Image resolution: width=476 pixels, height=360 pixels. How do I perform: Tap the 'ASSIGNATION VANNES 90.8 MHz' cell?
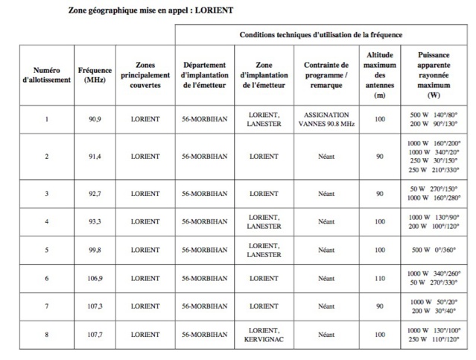coord(326,119)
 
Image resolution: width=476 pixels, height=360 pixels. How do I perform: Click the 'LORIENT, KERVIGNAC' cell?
coord(264,335)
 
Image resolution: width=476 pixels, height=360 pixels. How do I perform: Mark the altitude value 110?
coord(381,278)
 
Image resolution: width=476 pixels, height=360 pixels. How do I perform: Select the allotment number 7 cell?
coord(47,306)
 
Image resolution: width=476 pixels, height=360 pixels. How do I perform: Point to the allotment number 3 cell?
coord(47,194)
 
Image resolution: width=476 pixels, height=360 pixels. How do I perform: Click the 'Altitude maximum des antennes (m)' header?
coord(381,75)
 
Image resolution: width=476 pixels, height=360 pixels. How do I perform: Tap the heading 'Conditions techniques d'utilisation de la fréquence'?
coord(321,35)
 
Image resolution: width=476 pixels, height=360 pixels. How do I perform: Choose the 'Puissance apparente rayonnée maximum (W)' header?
coord(434,75)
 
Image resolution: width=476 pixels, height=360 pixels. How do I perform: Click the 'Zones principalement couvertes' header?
coord(145,75)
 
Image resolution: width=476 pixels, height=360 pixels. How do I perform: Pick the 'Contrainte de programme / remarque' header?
coord(326,75)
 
